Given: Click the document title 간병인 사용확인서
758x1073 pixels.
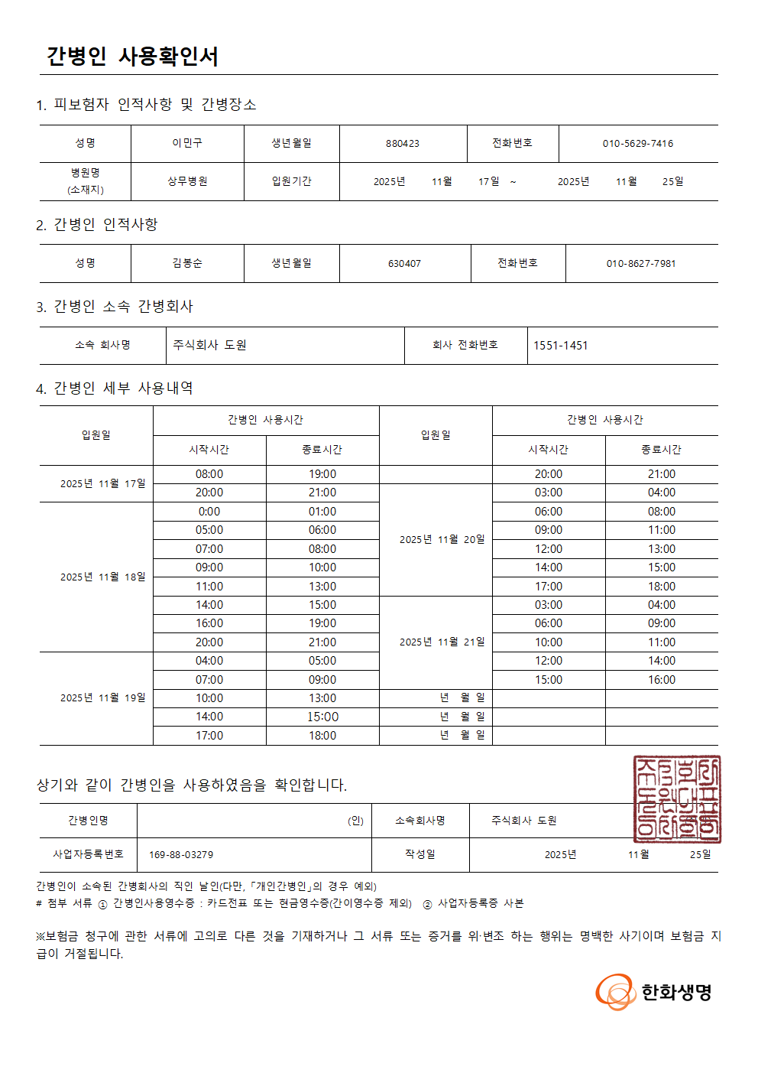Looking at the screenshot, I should click(132, 57).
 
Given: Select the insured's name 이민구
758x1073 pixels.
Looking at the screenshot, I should click(187, 143).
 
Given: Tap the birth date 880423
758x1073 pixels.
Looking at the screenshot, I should click(403, 144).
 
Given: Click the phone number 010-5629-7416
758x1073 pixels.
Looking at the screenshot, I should click(638, 144).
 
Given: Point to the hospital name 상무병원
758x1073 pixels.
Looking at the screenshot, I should click(187, 181).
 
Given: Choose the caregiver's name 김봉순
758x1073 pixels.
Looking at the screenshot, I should click(187, 263).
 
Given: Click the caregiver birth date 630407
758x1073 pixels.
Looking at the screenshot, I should click(404, 264).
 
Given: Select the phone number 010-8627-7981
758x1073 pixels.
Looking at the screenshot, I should click(641, 264).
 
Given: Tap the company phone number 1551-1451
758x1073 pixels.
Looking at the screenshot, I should click(561, 346).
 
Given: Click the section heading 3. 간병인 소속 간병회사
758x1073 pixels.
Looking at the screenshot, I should click(115, 307).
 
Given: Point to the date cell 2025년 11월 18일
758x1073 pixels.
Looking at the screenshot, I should click(103, 577).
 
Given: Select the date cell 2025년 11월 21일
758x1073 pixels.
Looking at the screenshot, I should click(442, 642).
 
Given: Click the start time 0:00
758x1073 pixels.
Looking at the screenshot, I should click(209, 512).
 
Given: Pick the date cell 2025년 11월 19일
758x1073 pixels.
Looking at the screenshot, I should click(103, 697).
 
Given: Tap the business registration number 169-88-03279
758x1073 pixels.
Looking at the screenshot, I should click(181, 854).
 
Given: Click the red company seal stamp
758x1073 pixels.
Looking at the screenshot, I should click(677, 798).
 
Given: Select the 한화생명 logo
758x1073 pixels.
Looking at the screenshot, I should click(654, 992).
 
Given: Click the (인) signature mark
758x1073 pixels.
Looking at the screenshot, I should click(356, 821).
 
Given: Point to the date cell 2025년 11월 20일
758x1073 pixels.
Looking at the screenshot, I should click(442, 539).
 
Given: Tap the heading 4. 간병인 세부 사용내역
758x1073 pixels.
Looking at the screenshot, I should click(115, 389).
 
